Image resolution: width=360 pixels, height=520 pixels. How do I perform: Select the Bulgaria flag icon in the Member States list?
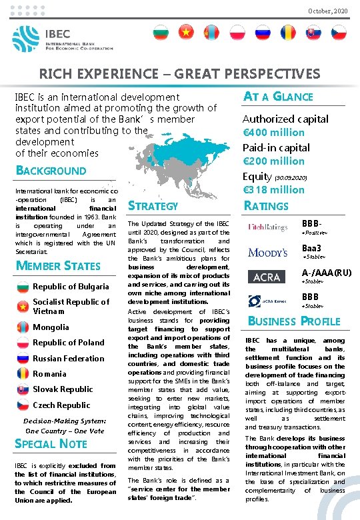click(x=23, y=287)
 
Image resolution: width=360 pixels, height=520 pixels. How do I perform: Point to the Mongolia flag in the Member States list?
click(x=23, y=327)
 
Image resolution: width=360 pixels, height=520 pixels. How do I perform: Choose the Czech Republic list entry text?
click(x=61, y=405)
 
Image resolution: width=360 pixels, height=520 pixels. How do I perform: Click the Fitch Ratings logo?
click(x=267, y=227)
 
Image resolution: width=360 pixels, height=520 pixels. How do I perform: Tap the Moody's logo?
click(x=267, y=252)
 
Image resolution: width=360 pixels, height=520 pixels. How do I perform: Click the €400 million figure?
click(x=273, y=133)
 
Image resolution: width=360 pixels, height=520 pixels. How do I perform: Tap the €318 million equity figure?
click(x=273, y=189)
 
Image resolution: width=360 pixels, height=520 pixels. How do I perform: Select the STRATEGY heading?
click(x=153, y=206)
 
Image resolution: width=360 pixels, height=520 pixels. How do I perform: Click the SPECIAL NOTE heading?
click(x=51, y=443)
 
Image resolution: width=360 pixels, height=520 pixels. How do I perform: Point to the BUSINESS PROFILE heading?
click(x=294, y=321)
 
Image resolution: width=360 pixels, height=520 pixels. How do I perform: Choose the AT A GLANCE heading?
click(x=278, y=96)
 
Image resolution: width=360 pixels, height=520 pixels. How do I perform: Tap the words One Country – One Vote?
click(x=65, y=431)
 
